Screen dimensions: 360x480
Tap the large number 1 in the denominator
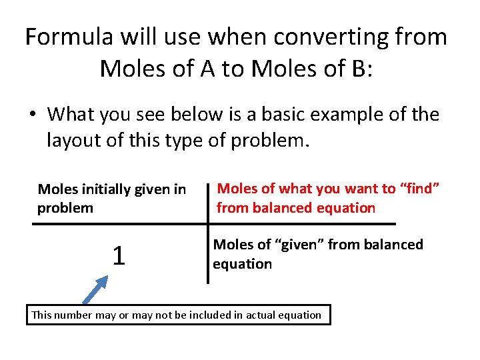point(118,255)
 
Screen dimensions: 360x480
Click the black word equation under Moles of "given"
point(242,264)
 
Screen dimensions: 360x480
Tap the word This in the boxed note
point(41,315)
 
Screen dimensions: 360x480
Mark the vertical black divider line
point(207,233)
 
